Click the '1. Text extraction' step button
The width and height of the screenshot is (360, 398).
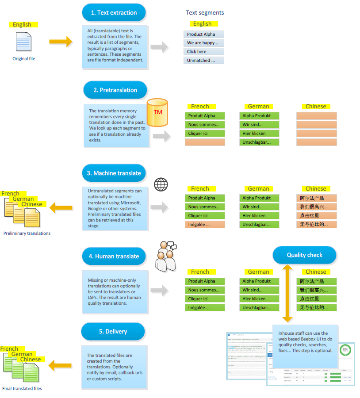point(114,13)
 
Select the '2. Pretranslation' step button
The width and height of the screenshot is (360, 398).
point(115,90)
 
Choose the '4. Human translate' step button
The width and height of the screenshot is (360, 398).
point(114,256)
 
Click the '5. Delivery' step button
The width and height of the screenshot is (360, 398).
point(113,331)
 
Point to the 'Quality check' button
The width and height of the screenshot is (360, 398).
point(304,255)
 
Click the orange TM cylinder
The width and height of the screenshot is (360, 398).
point(157,112)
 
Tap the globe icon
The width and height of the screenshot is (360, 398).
point(161,184)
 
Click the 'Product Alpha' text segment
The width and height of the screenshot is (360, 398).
point(203,34)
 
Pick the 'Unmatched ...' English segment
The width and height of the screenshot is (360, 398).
point(203,61)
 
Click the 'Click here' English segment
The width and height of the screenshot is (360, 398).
point(203,52)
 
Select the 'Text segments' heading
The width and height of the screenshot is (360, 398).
point(205,13)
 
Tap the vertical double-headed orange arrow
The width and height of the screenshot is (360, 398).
point(287,293)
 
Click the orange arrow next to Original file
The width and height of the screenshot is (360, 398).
point(60,42)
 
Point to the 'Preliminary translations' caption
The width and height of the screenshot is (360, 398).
point(27,233)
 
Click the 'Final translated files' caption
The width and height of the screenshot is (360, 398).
point(22,388)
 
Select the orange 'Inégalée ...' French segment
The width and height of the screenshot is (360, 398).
point(205,225)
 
